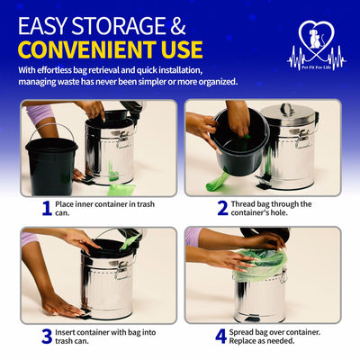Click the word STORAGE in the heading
pos(118,26)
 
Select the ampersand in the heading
pos(178,26)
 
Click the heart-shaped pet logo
pos(317,46)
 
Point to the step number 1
pos(47,208)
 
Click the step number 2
pos(222,208)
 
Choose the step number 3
pos(47,337)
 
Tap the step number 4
pos(220,337)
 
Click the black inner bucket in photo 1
pos(51,166)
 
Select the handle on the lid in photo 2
pos(288,109)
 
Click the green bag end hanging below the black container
pos(217,183)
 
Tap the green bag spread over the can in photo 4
pos(259,264)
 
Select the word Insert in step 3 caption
pos(66,332)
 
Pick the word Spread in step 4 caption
pos(241,332)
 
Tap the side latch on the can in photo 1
pos(124,140)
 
